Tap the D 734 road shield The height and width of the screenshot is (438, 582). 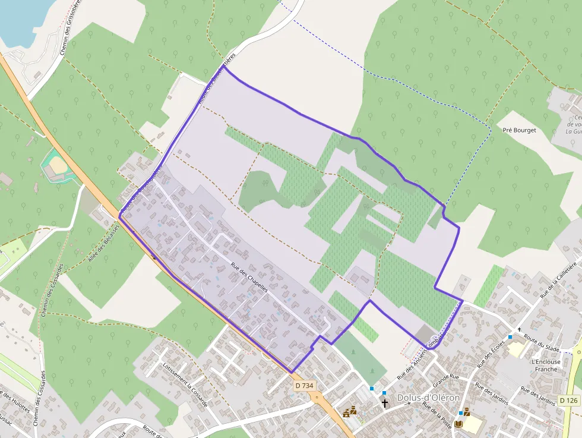(x=303, y=386)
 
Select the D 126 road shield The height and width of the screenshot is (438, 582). (x=568, y=400)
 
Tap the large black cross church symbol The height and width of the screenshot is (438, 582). (x=385, y=404)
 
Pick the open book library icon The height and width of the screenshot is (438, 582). (x=458, y=424)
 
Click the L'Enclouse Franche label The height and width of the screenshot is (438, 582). (x=546, y=365)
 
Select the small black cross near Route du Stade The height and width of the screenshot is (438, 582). (x=519, y=329)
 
